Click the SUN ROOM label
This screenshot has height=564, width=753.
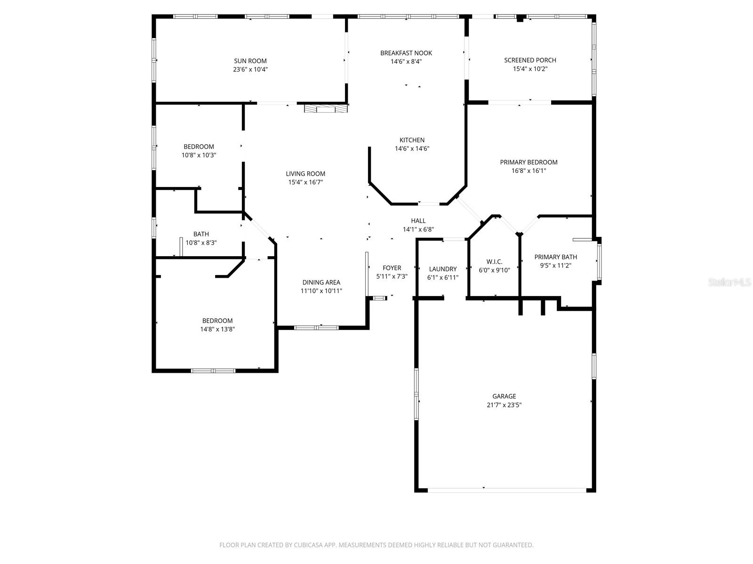250,61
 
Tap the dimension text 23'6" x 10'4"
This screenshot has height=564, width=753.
250,70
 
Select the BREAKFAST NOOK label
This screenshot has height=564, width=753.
406,53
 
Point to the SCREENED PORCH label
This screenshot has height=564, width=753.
530,60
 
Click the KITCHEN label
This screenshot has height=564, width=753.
412,140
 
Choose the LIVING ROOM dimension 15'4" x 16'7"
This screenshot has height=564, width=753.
305,182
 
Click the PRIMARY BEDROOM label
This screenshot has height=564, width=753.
529,162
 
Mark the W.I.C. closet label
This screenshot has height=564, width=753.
494,262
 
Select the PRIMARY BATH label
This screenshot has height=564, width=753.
555,257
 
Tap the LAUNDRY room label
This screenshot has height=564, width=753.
442,269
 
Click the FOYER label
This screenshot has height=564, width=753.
392,268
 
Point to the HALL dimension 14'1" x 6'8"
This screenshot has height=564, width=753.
418,230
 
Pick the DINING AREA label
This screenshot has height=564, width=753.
321,282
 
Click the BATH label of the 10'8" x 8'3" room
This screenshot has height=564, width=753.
201,234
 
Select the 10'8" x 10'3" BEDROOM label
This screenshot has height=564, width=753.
199,147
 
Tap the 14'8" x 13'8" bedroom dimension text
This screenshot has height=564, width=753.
217,329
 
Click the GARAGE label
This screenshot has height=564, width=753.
504,396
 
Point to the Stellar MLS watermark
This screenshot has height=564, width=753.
729,282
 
